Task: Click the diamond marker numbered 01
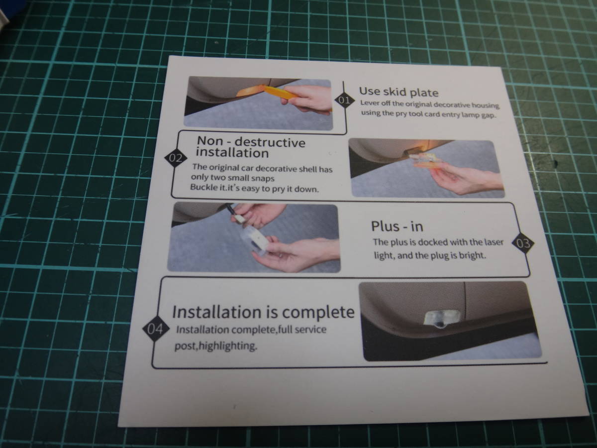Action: (x=344, y=100)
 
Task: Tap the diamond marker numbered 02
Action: (x=176, y=158)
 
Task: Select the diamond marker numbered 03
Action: (x=523, y=243)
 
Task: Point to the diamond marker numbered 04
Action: (x=155, y=329)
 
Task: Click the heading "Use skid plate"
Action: (x=398, y=92)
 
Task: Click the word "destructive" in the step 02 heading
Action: (x=270, y=142)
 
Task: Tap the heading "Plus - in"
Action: (x=397, y=226)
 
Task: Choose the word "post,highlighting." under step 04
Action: (x=215, y=346)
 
